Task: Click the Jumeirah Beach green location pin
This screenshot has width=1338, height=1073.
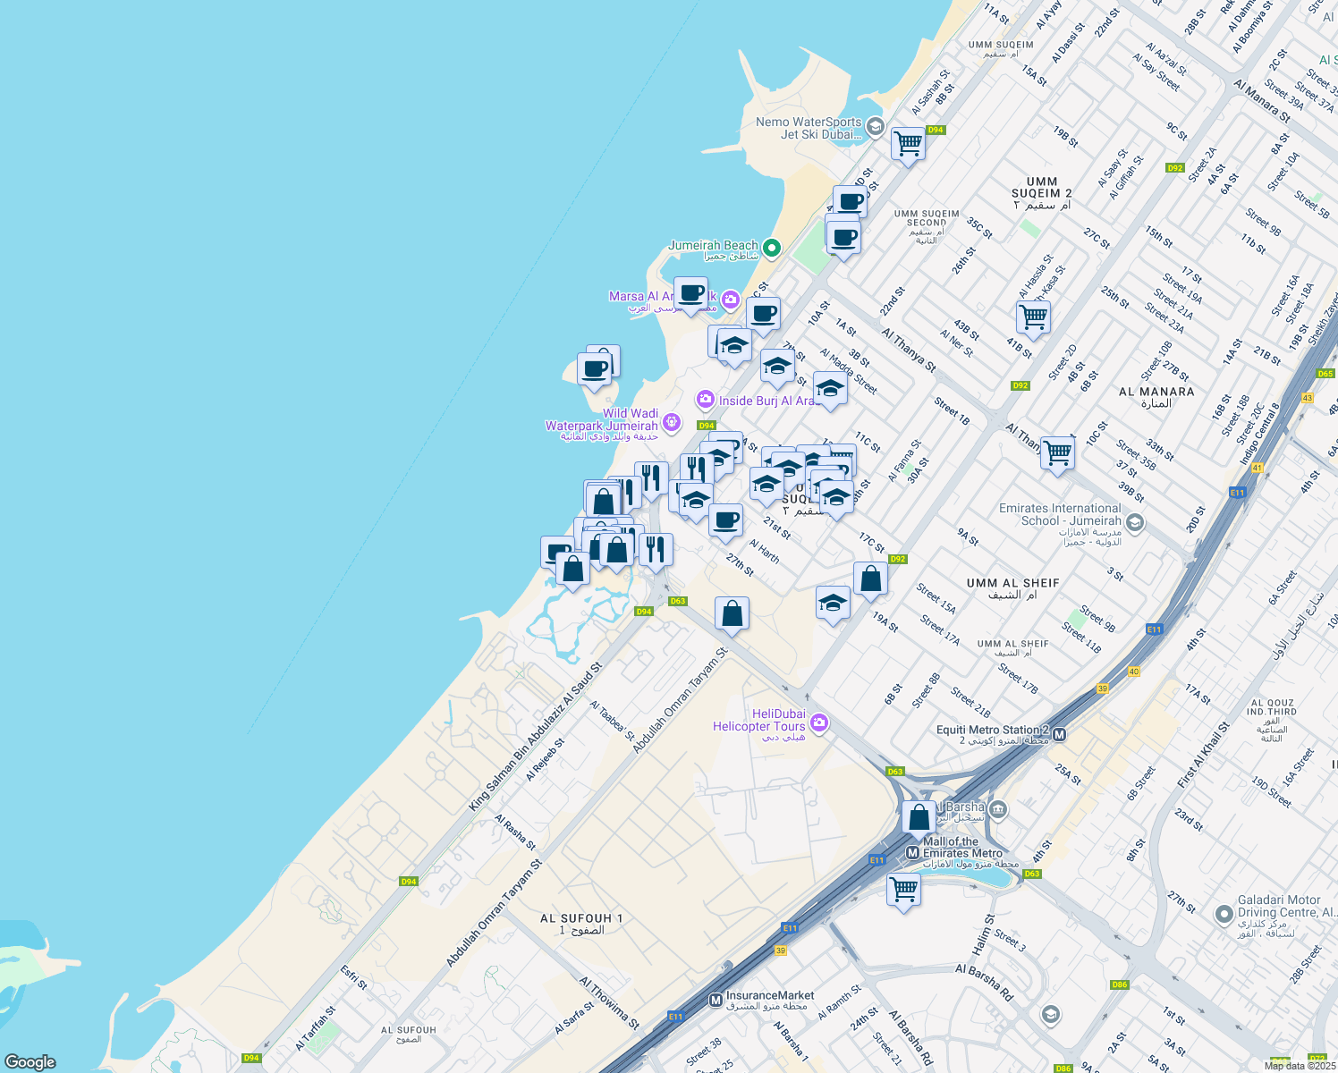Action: [x=771, y=248]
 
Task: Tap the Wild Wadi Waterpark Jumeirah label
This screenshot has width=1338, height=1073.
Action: [x=602, y=425]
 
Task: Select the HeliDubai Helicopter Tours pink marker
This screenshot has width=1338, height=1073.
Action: [x=818, y=722]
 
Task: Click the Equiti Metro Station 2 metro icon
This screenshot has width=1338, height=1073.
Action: [x=1060, y=735]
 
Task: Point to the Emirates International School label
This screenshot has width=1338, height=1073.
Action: [x=1060, y=514]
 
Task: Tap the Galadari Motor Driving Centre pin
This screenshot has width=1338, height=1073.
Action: [x=1224, y=914]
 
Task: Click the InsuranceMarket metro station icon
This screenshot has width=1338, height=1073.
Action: [x=716, y=1000]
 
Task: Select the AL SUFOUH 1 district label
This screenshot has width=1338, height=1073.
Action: [x=581, y=924]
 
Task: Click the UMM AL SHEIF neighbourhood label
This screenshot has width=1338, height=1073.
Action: [x=1012, y=587]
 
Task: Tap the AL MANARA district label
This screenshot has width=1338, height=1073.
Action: [x=1156, y=397]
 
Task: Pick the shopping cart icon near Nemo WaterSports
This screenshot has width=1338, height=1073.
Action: [x=908, y=143]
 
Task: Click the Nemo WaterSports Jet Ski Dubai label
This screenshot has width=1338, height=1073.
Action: [x=809, y=128]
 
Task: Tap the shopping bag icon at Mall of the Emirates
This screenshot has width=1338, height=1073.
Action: [x=919, y=817]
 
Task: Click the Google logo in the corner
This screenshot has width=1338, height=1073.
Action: [x=30, y=1061]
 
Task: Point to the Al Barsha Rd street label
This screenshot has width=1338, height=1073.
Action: [x=984, y=981]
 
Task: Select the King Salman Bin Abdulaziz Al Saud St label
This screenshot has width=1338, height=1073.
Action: [x=535, y=738]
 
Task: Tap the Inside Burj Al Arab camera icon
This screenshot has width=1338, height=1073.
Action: [x=706, y=399]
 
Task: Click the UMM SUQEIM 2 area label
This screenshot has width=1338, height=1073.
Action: [x=1041, y=192]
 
